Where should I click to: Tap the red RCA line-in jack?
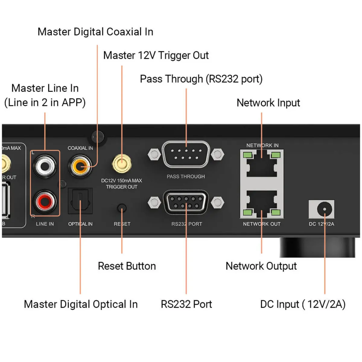(x=45, y=201)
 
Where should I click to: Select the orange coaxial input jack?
(x=80, y=166)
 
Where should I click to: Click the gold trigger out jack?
(x=122, y=164)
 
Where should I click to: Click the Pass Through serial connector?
(x=186, y=154)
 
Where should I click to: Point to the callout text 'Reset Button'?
(x=127, y=266)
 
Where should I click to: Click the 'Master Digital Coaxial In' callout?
(x=95, y=32)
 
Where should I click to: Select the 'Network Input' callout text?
(x=268, y=103)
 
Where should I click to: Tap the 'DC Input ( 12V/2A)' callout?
(x=303, y=304)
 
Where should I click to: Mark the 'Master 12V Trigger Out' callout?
(x=156, y=56)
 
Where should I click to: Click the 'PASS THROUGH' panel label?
(x=186, y=176)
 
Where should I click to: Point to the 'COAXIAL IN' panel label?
(x=80, y=148)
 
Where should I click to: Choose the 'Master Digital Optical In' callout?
(x=81, y=304)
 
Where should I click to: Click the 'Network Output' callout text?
(x=261, y=266)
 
